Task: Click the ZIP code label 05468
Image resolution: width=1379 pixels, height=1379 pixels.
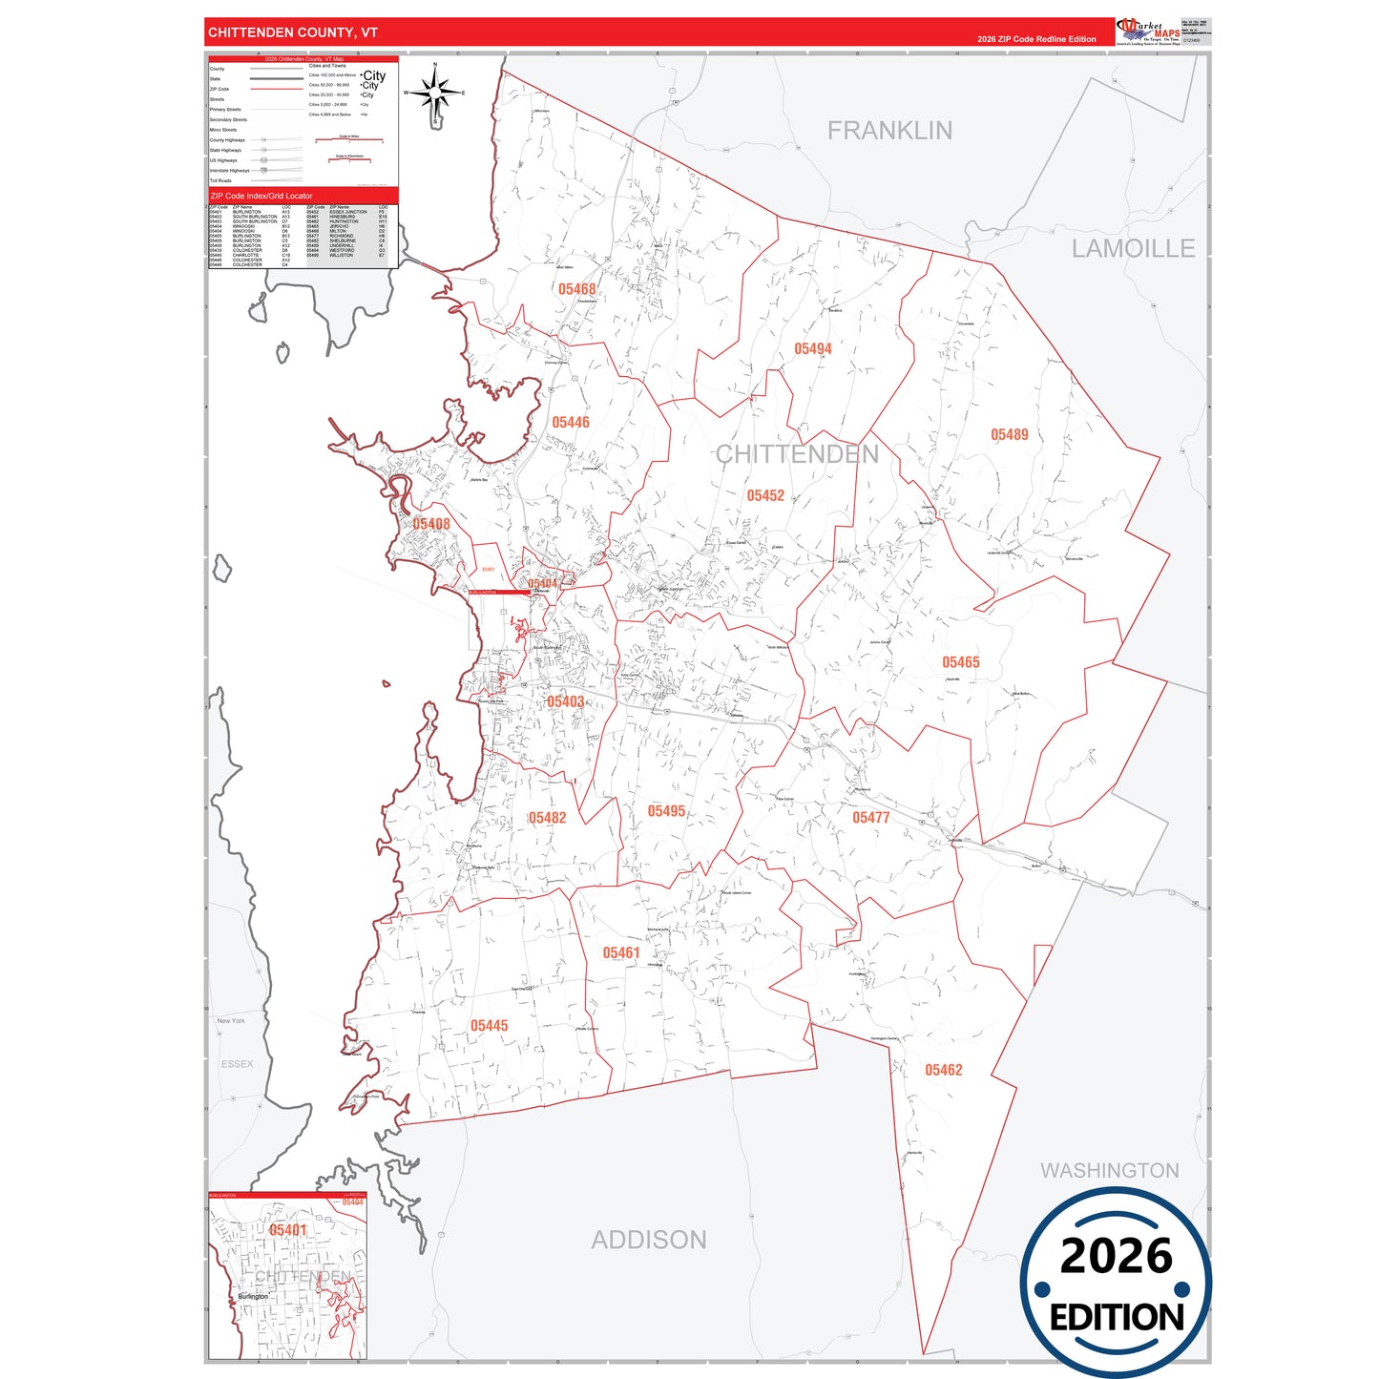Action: coord(577,289)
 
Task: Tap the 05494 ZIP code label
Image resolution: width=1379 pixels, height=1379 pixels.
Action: coord(813,349)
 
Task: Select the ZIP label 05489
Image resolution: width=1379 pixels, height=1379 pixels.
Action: coord(1010,435)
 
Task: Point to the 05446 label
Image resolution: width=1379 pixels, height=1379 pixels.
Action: coord(571,423)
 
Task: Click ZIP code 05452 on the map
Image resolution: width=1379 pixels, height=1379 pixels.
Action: coord(765,496)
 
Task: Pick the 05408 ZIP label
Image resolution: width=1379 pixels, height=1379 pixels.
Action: coord(431,524)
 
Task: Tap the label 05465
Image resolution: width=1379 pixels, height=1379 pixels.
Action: coord(961,662)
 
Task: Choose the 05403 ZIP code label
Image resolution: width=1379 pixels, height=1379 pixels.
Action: coord(566,702)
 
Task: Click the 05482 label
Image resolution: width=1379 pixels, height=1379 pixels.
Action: coord(548,818)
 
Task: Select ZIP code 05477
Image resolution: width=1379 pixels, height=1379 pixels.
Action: coord(871,818)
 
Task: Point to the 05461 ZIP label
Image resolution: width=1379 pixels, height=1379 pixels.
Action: coord(621,953)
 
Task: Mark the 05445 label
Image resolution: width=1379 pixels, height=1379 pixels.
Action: coord(490,1026)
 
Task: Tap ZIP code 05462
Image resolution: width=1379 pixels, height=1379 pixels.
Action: coord(944,1071)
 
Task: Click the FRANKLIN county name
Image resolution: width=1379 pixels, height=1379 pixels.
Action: coord(889,131)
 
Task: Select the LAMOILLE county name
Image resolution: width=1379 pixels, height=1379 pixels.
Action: coord(1133,249)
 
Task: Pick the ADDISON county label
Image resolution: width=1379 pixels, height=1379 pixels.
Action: coord(649,1240)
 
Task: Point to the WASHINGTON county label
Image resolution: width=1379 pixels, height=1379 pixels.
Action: coord(1110,1171)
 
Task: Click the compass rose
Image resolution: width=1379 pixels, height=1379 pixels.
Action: coord(435,94)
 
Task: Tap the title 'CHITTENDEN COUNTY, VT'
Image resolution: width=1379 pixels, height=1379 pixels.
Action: coord(293,32)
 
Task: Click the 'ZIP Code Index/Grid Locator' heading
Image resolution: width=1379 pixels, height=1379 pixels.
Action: coord(261,196)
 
